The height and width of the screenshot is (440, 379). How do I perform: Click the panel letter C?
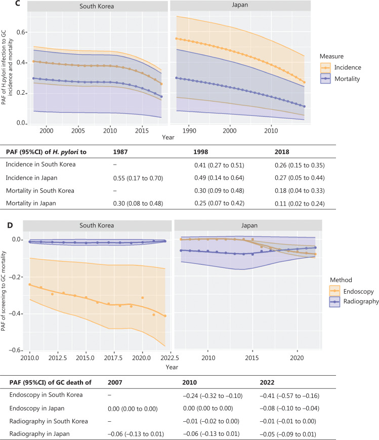click(5, 4)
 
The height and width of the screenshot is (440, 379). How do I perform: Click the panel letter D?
click(5, 223)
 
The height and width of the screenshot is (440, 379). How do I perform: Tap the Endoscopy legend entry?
click(346, 291)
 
